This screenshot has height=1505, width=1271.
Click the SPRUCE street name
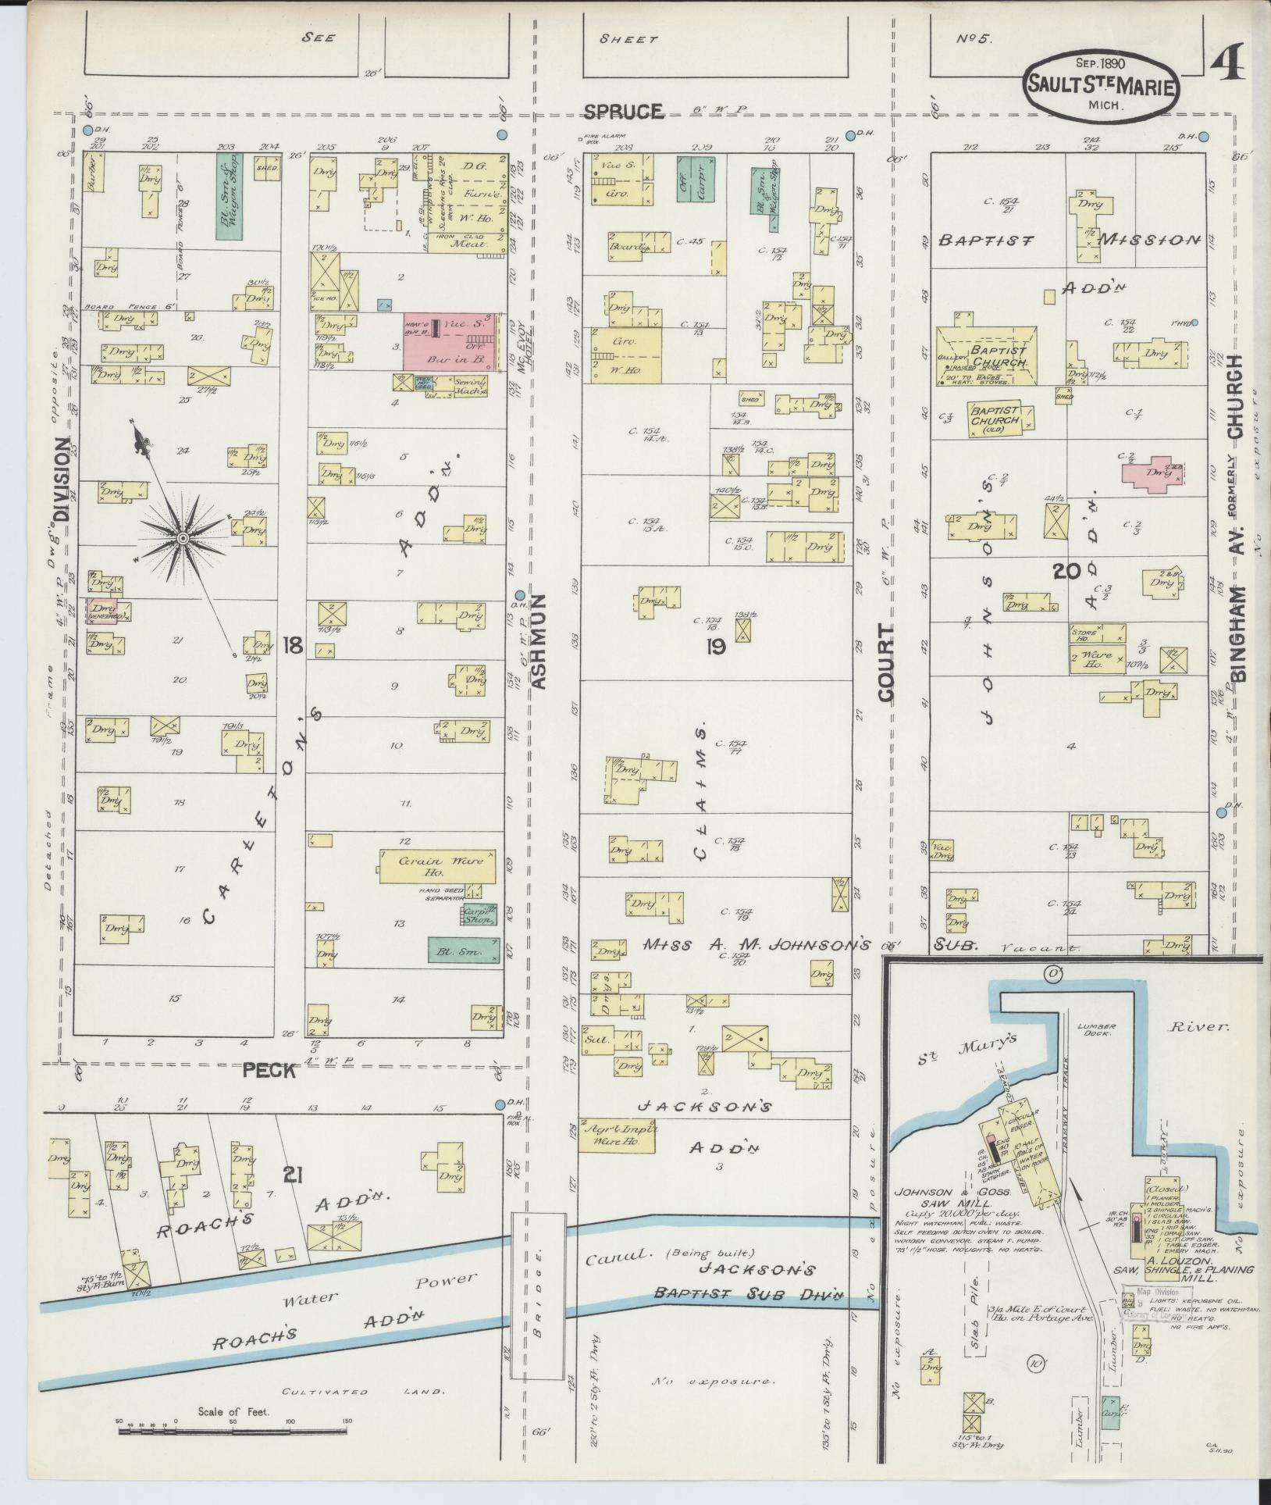click(625, 112)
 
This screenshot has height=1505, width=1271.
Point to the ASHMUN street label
click(538, 640)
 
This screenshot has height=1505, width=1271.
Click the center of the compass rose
click(183, 539)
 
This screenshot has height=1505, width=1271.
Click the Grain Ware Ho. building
click(437, 866)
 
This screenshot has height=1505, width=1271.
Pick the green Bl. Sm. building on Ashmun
click(464, 950)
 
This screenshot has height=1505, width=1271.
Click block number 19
click(715, 645)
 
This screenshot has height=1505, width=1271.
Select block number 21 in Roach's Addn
click(290, 1196)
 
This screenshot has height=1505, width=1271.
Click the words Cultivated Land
click(365, 1391)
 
